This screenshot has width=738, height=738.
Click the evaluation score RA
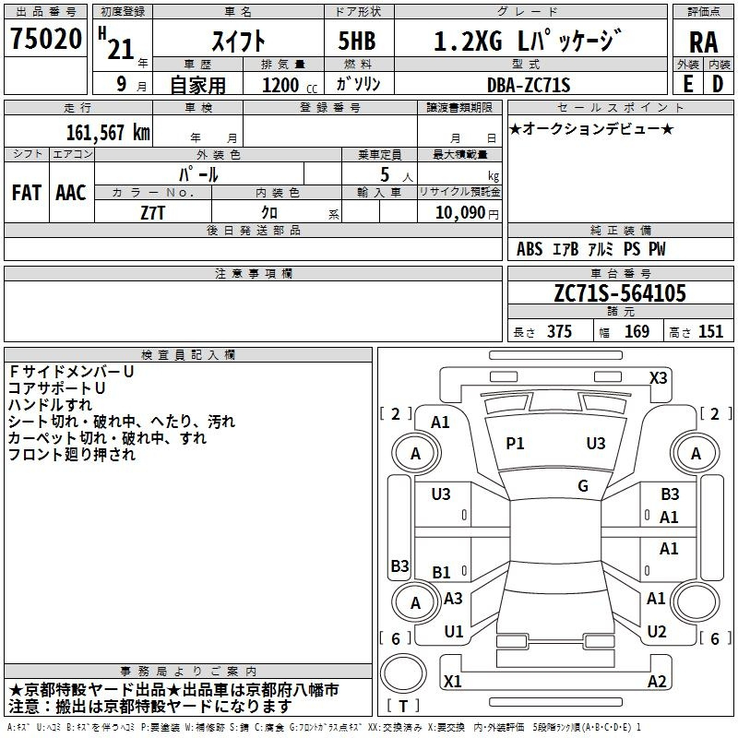pyautogui.click(x=703, y=42)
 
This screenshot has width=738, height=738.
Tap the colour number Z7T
pyautogui.click(x=153, y=212)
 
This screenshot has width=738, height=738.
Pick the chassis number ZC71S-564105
pyautogui.click(x=619, y=293)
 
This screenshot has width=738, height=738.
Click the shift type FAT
pyautogui.click(x=27, y=193)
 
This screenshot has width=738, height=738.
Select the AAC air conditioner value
pyautogui.click(x=70, y=193)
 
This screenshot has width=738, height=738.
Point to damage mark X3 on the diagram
pyautogui.click(x=658, y=377)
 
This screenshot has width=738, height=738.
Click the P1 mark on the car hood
pyautogui.click(x=515, y=444)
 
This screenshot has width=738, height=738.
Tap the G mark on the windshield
pyautogui.click(x=583, y=485)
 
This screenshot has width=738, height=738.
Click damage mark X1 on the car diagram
pyautogui.click(x=453, y=681)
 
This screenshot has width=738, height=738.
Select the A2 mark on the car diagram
pyautogui.click(x=657, y=681)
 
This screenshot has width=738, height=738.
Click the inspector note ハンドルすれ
pyautogui.click(x=50, y=405)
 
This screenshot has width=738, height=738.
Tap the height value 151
pyautogui.click(x=710, y=332)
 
